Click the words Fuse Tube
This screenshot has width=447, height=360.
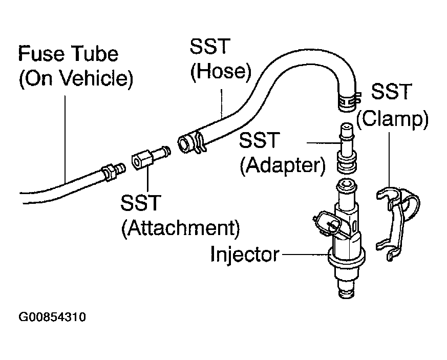68,54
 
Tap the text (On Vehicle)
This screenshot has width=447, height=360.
76,78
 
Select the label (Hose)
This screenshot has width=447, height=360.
221,71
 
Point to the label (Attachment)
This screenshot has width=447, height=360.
181,228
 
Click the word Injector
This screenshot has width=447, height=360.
245,254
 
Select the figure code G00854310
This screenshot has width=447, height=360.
52,317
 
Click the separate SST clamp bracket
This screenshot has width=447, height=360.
397,223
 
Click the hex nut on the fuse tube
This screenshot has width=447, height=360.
109,173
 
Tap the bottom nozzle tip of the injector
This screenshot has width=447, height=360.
347,293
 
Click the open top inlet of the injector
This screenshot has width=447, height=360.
346,183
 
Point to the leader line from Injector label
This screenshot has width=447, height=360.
305,254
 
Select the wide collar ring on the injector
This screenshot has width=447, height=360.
346,258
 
